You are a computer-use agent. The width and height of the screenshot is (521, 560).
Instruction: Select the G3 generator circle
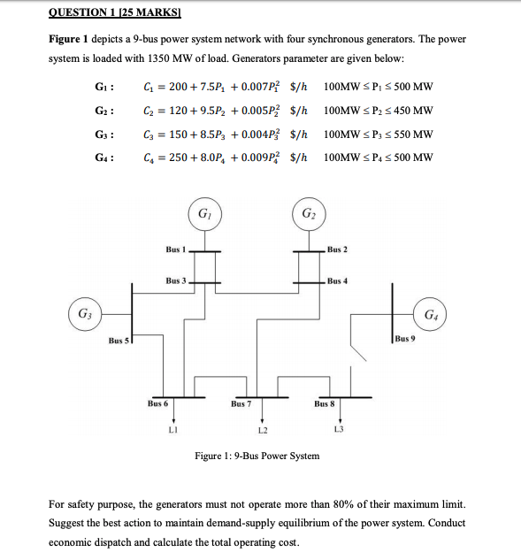point(84,314)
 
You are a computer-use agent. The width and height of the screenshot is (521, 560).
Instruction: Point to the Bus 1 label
point(176,249)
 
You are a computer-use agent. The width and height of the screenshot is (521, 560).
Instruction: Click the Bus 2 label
point(337,249)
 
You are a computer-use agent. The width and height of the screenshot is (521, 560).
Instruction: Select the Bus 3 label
point(176,280)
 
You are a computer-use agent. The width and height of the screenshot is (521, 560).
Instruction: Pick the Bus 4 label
point(337,281)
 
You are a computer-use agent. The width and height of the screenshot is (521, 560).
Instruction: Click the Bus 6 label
point(157,403)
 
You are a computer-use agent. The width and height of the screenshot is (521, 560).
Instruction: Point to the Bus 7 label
point(241,403)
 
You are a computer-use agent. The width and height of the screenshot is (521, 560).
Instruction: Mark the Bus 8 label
point(325,403)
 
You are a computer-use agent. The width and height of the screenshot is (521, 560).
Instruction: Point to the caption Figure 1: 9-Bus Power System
point(257,456)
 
